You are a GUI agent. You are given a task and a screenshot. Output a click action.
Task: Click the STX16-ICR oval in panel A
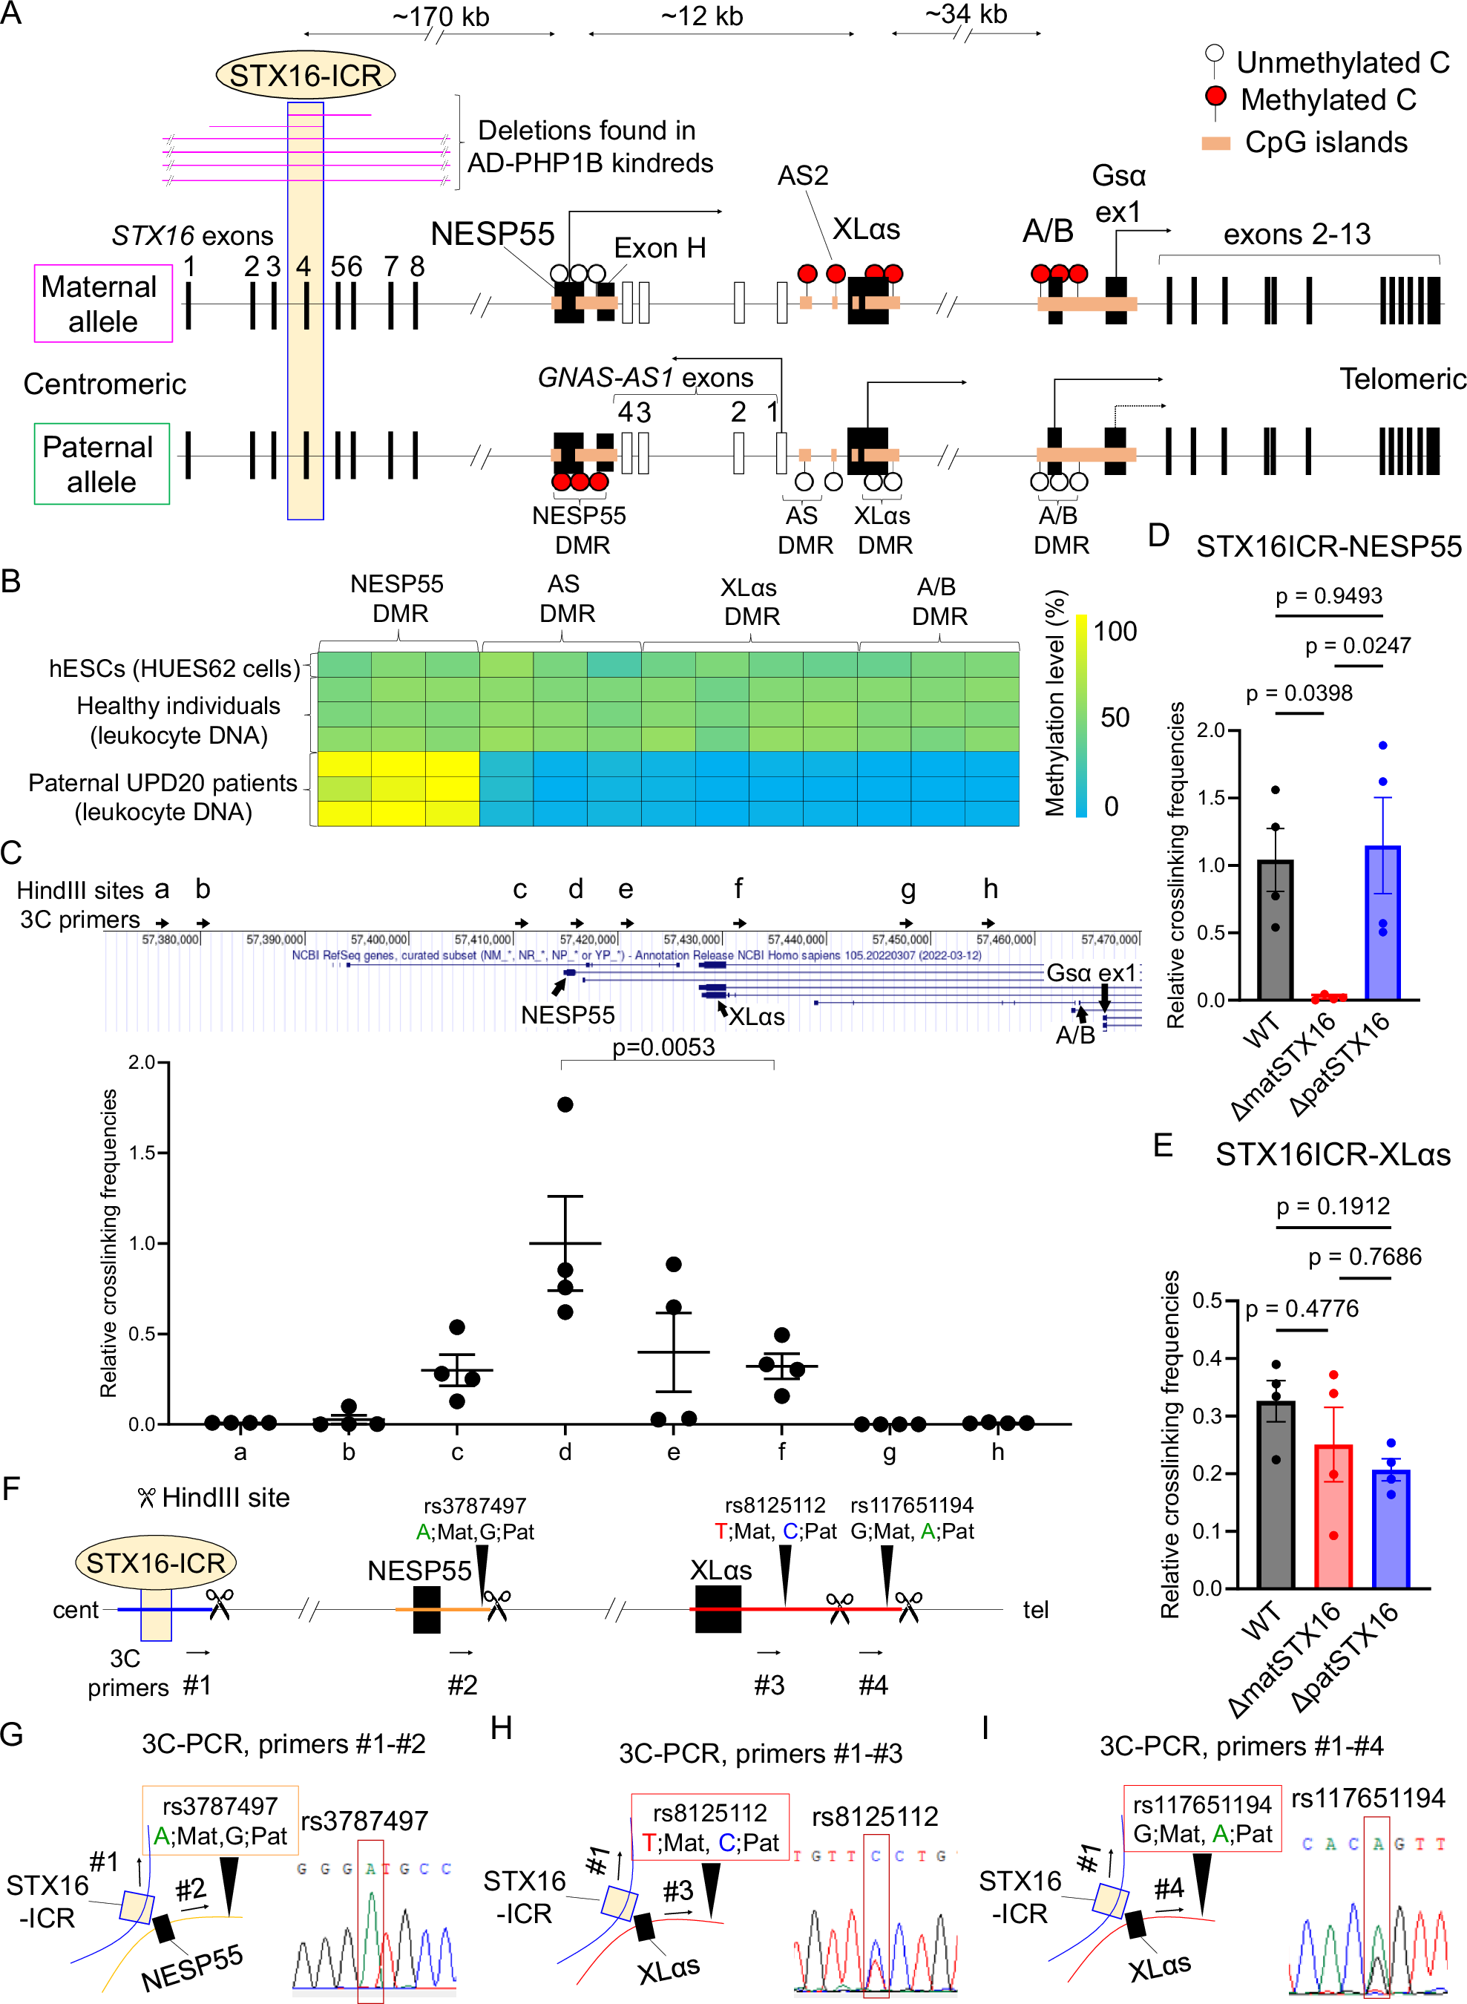coord(306,76)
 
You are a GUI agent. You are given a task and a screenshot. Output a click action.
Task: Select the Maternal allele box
coord(103,303)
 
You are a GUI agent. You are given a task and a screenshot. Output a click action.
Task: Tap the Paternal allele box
coord(101,464)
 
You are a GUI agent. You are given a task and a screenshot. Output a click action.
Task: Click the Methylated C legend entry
coord(1327,99)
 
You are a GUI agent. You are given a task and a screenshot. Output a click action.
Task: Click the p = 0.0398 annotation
coord(1299,694)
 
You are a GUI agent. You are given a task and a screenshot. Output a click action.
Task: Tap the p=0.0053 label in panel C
coord(663,1047)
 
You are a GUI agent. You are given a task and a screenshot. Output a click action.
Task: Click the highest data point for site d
coord(565,1104)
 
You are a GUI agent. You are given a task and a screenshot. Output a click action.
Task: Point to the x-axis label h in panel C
coord(998,1452)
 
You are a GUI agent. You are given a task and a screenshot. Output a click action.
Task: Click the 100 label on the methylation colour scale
coord(1115,632)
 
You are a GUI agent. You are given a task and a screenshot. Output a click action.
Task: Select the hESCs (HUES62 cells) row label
coord(175,668)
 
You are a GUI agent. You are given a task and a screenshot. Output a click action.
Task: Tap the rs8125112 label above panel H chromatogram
coord(875,1816)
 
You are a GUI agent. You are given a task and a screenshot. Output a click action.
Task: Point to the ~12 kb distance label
coord(701,16)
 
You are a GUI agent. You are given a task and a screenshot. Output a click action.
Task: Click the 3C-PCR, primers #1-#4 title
coord(1241,1746)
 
